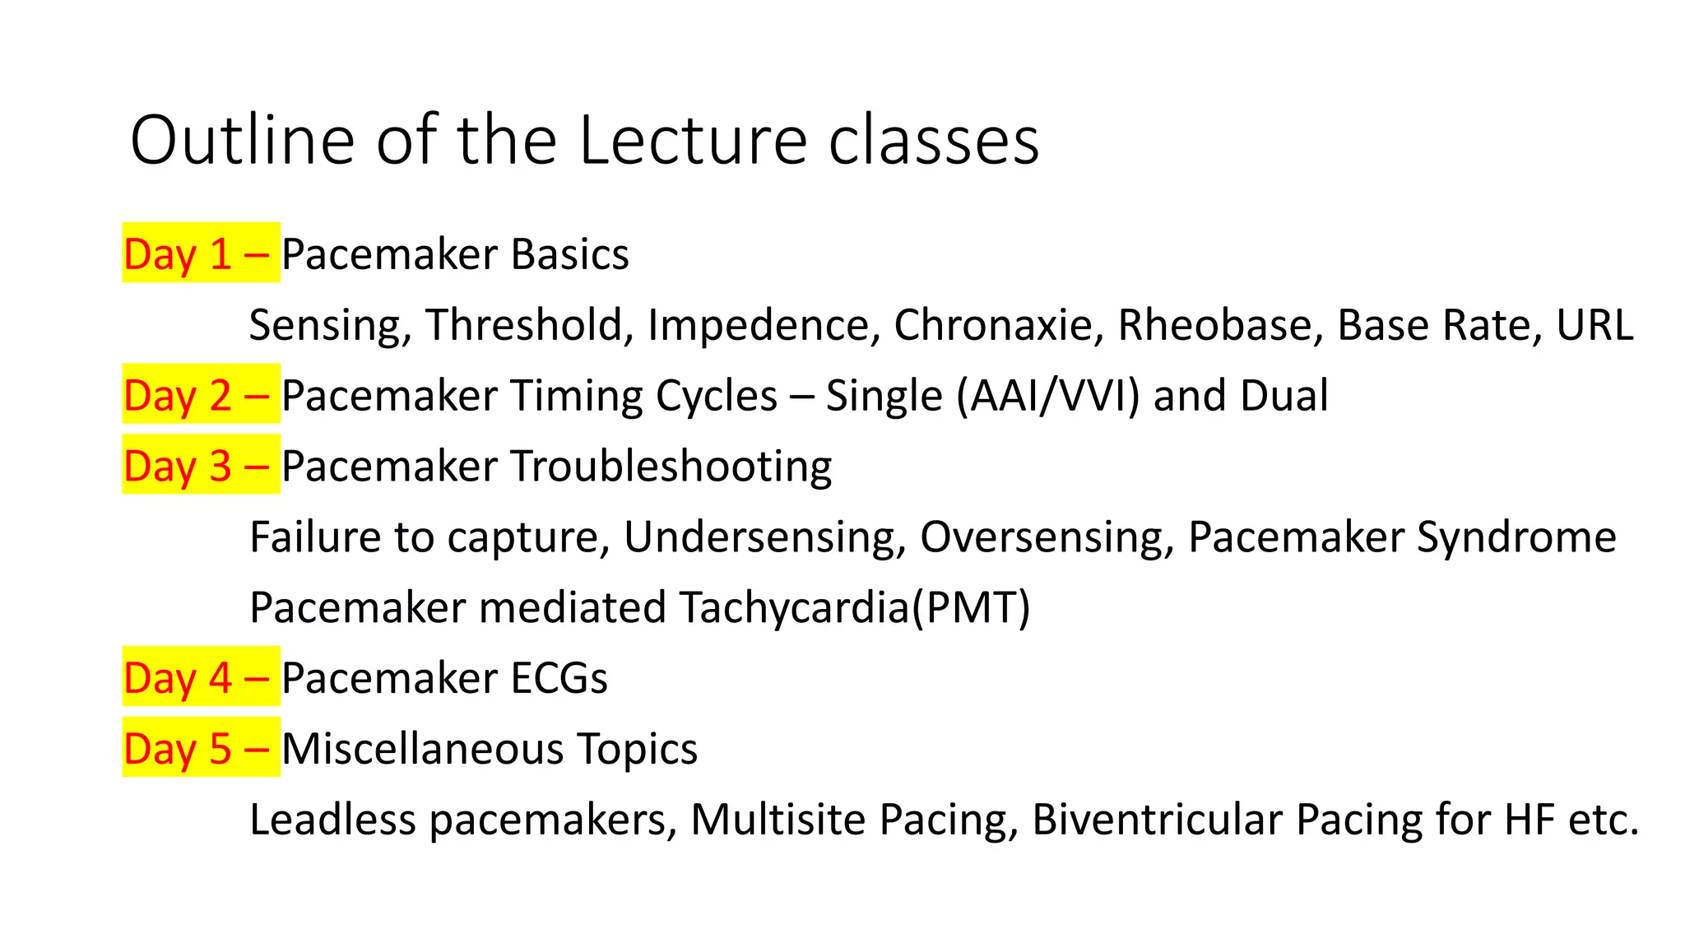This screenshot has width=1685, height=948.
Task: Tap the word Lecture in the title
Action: coord(693,141)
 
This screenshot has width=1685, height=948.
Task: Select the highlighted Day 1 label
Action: coord(200,253)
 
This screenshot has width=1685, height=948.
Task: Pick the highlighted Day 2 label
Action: coord(200,395)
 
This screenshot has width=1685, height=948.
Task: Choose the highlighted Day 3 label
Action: coord(200,466)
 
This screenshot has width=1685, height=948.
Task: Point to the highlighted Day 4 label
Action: coord(200,677)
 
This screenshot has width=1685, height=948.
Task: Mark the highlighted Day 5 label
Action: coord(200,748)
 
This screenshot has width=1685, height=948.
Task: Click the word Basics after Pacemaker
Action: coord(569,253)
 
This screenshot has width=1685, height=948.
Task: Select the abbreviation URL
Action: coord(1594,324)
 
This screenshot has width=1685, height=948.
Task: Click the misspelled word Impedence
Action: coord(758,326)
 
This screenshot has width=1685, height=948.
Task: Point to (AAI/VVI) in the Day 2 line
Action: coord(1048,396)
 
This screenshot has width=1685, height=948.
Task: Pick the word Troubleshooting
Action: coord(671,467)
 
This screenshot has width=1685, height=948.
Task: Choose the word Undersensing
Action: coord(765,537)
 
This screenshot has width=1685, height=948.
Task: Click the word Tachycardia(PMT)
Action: coord(855,608)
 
